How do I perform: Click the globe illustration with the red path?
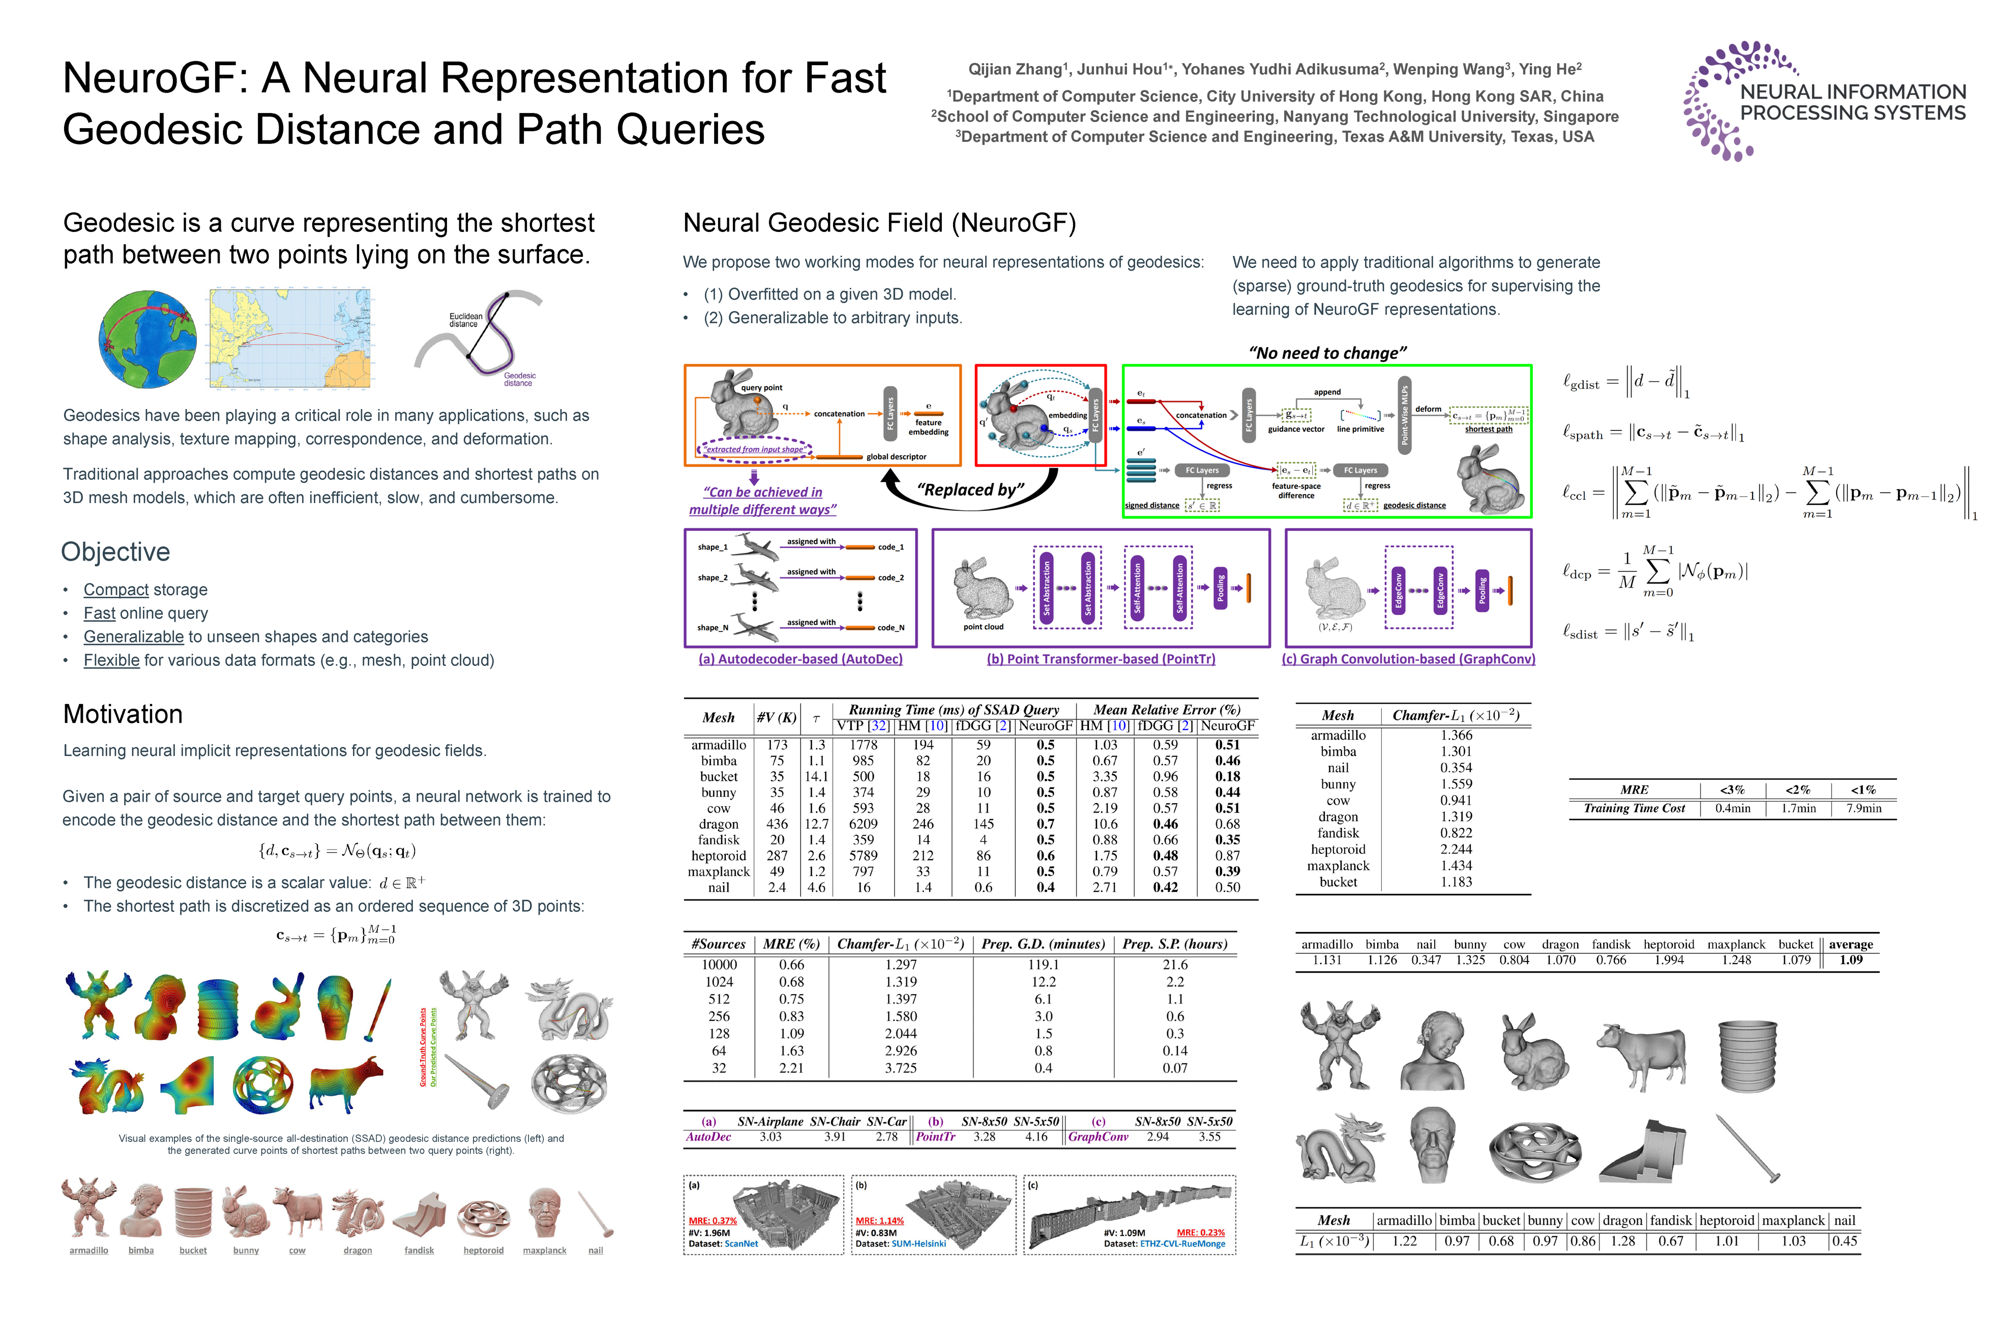pos(147,339)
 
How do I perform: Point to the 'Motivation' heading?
pos(123,714)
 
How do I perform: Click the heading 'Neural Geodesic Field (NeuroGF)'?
pos(878,223)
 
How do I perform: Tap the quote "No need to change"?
pos(1327,353)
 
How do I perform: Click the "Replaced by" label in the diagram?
pos(970,490)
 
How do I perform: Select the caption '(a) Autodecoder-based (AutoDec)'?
pos(801,659)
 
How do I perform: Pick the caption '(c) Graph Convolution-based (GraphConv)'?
pos(1408,659)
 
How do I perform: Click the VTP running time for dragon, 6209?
pos(863,824)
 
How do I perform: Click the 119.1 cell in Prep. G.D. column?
pos(1043,965)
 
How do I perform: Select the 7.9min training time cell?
pos(1863,808)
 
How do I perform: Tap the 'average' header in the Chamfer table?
pos(1850,945)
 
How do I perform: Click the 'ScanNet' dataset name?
pos(741,1244)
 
